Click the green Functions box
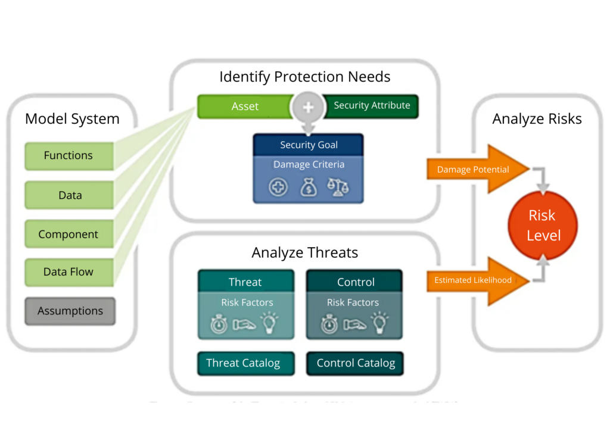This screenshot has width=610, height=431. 69,156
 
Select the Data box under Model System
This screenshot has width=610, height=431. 70,195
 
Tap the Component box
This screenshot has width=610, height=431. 69,235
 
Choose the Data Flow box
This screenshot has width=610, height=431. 69,272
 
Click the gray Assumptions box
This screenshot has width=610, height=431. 70,311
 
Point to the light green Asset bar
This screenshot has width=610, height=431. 245,107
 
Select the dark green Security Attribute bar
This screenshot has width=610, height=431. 372,106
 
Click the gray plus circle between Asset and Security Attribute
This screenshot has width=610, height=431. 308,107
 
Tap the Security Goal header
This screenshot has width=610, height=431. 309,145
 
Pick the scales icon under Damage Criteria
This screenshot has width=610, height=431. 338,187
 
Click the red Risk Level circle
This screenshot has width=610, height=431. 543,225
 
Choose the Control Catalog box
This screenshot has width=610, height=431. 356,363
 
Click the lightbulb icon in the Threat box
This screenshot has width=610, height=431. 269,323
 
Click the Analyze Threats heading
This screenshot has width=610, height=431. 305,252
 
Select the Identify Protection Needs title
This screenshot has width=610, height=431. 305,77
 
